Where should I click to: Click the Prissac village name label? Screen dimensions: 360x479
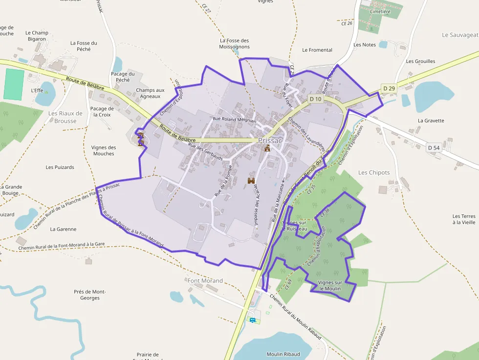pos(270,141)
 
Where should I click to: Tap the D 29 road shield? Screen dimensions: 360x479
pos(389,88)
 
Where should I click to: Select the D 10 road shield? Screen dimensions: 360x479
pos(315,99)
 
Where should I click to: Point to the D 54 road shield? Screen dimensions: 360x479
pos(434,148)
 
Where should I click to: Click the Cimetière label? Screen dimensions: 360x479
pos(380,11)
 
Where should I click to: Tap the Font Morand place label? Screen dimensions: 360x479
pos(205,281)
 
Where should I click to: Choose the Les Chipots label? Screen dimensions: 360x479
pos(374,172)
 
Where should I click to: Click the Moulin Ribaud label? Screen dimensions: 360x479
pos(283,354)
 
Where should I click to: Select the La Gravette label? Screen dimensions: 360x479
pos(431,121)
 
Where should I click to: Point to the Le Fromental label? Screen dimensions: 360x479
pos(317,50)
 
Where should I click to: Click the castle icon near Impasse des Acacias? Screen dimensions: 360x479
pos(251,181)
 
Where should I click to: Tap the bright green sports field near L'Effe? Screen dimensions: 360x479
pos(14,85)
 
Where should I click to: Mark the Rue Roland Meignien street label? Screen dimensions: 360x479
pos(235,119)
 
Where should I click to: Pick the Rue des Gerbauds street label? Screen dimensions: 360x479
pos(205,151)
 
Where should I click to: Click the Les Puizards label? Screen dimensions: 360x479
pos(60,167)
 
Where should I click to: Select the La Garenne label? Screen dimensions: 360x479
pos(64,229)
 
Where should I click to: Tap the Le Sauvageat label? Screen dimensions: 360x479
pos(459,35)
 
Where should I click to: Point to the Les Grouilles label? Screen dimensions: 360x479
pos(420,62)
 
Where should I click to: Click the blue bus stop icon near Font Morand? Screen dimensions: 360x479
pos(253,320)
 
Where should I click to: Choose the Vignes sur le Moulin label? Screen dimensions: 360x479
pos(330,286)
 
